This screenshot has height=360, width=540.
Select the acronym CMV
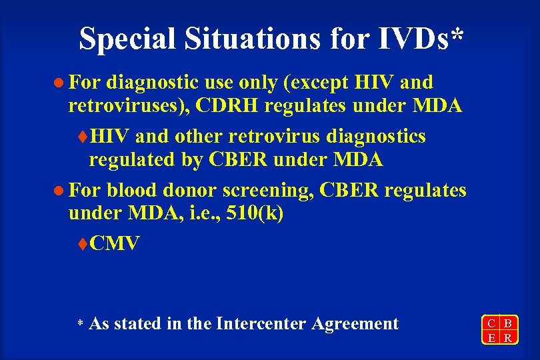pos(115,244)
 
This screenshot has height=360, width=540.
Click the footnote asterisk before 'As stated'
pos(79,325)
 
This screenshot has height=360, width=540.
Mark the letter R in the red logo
pos(508,337)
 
